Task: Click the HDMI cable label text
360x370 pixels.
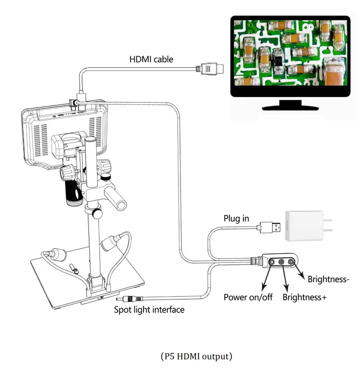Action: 151,59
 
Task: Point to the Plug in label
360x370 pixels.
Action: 236,218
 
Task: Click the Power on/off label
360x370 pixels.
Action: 248,297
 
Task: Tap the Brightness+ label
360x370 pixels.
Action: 304,297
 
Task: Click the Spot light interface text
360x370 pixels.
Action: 149,309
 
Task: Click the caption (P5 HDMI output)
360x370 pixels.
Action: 196,357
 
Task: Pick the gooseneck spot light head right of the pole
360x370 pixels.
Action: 109,242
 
